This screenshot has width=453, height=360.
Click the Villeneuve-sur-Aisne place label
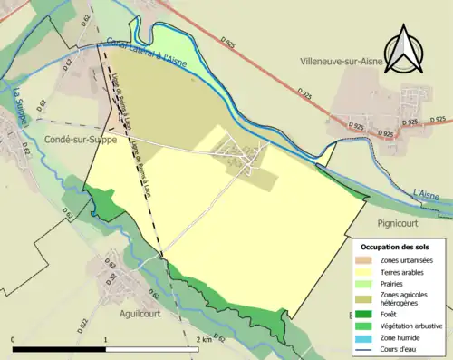[x=344, y=62]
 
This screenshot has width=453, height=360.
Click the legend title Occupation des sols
[x=396, y=247]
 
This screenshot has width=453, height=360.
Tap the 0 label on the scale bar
[x=13, y=338]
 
